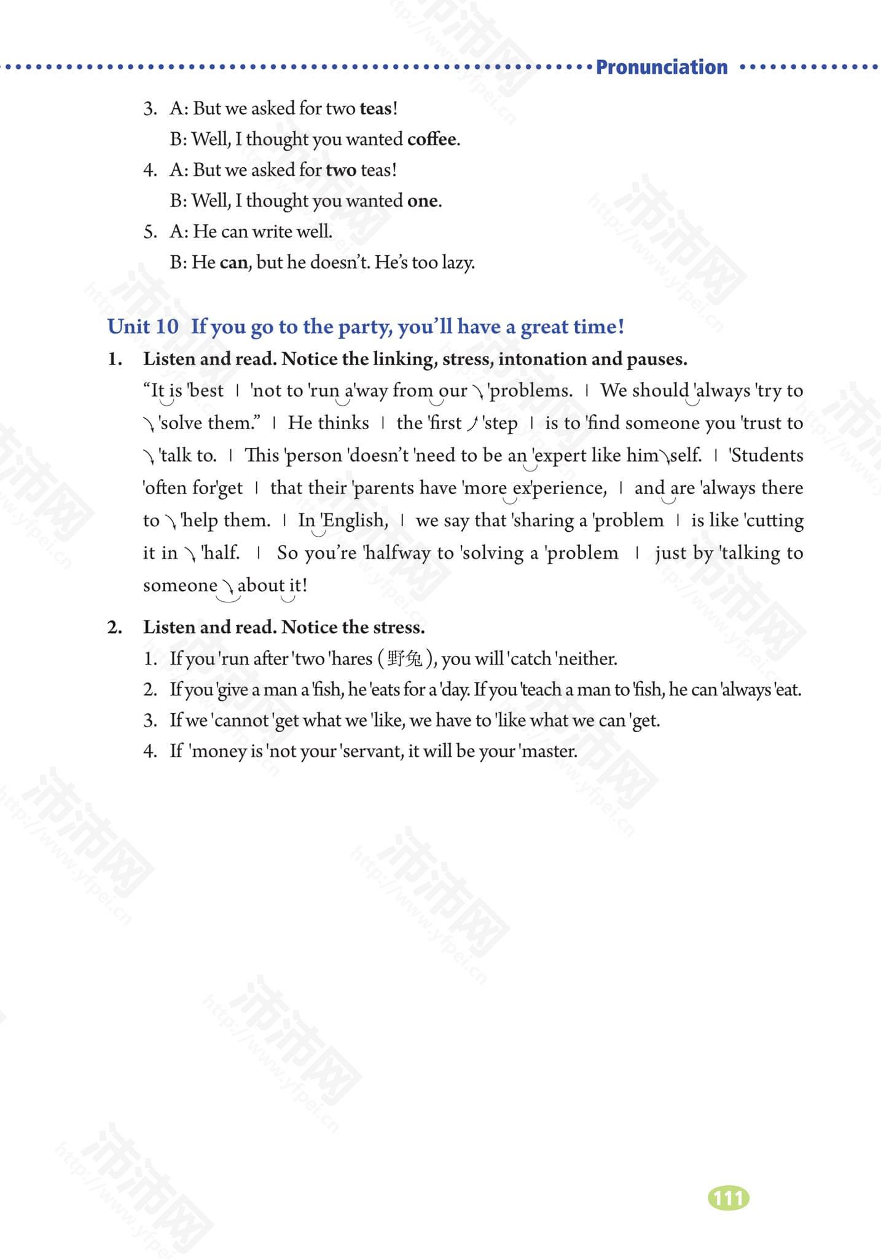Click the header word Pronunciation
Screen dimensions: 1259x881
tap(662, 67)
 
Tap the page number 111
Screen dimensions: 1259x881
tap(729, 1198)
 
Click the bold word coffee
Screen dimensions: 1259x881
tap(433, 140)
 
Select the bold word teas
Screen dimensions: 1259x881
tap(375, 109)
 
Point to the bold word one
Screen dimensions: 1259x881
tap(423, 201)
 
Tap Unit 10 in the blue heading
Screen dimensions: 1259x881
tap(143, 326)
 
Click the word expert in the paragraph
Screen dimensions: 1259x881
tap(560, 456)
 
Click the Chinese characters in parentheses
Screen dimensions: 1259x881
tap(405, 659)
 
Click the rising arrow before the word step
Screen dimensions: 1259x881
tap(472, 424)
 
